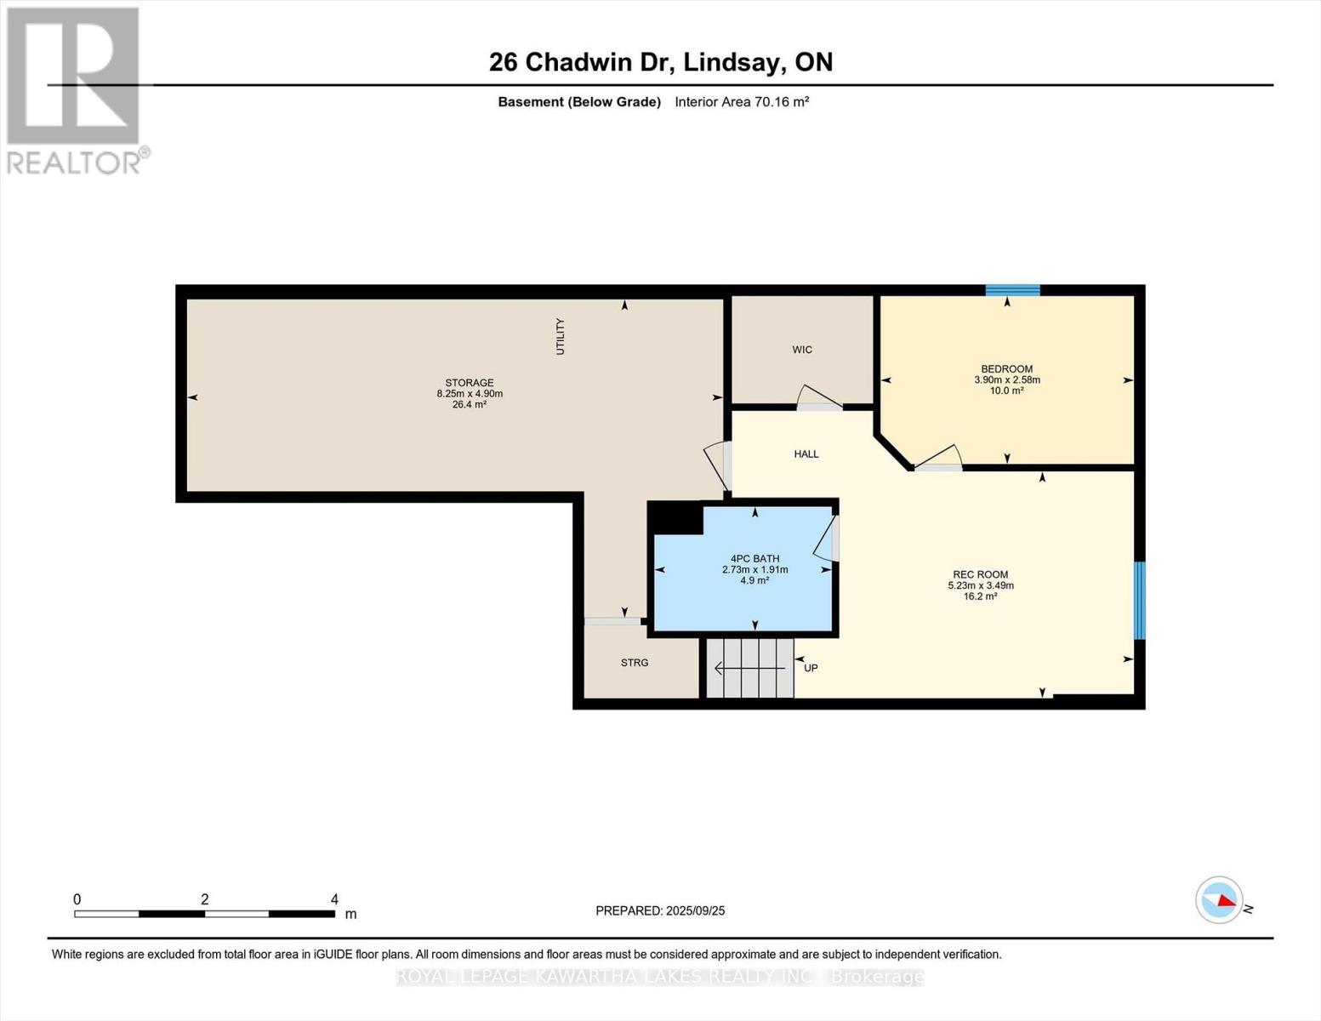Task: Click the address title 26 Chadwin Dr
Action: [x=660, y=62]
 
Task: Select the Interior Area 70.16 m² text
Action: [x=741, y=102]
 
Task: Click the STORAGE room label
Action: [x=469, y=383]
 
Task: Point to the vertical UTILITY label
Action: [x=560, y=336]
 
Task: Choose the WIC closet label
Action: [x=801, y=350]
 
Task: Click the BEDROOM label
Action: [x=1006, y=369]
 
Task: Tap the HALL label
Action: [x=806, y=454]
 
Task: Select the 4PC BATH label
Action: [x=754, y=559]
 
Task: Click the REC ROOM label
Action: [x=980, y=575]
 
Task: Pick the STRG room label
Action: [x=634, y=663]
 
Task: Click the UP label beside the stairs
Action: [x=811, y=668]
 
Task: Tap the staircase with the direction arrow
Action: [x=749, y=669]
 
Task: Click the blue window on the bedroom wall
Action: [x=1012, y=290]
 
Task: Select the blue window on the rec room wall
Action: [x=1140, y=600]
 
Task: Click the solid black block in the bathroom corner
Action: [x=676, y=518]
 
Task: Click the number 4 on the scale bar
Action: [x=334, y=899]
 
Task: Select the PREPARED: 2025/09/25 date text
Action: [x=660, y=910]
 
